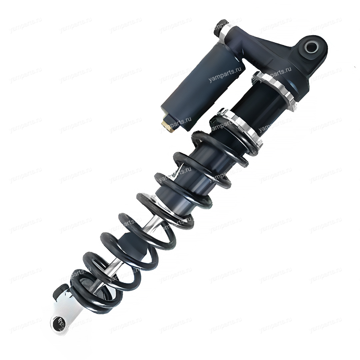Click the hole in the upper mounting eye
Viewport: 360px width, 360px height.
[311, 48]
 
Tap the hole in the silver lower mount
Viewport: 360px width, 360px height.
[57, 322]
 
